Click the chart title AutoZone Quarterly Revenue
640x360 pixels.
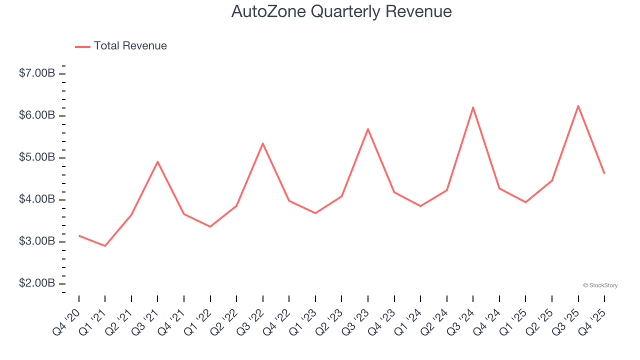[x=341, y=11]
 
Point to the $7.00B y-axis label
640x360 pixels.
[x=37, y=73]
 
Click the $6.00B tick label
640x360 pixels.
[x=37, y=115]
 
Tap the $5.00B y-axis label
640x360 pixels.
[x=37, y=157]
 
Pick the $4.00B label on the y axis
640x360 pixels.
[x=37, y=199]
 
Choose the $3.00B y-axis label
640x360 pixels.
[x=37, y=241]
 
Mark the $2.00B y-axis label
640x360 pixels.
[x=37, y=283]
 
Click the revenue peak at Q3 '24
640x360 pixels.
[x=473, y=107]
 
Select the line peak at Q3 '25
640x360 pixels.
[x=578, y=105]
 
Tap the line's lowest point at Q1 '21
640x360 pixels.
[x=105, y=246]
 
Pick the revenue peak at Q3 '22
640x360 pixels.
[x=262, y=143]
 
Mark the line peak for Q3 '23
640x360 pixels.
[x=368, y=129]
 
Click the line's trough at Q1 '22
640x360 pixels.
[x=210, y=226]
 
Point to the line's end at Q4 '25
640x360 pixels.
[x=604, y=173]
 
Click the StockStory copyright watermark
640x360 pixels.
[x=600, y=285]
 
